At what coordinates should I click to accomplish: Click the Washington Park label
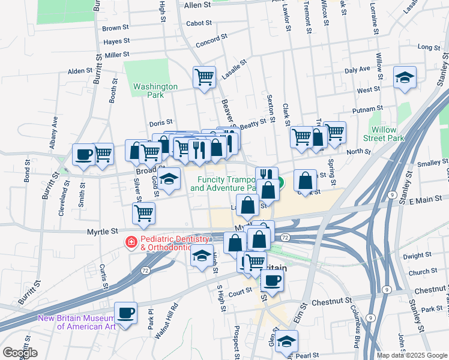(155, 91)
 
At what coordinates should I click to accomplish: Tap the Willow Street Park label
(384, 134)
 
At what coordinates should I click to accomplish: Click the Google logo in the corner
(20, 353)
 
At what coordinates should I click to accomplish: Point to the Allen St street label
(198, 5)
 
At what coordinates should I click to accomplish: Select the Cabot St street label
(200, 23)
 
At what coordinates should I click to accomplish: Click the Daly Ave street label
(357, 70)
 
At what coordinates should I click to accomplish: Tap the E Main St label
(427, 201)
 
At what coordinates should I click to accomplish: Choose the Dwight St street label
(413, 256)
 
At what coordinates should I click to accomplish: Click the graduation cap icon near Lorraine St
(405, 77)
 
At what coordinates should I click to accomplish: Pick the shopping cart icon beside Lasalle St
(205, 77)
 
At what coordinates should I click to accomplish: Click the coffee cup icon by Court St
(272, 280)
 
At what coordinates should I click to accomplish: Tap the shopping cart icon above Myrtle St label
(144, 213)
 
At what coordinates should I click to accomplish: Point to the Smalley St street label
(429, 163)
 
